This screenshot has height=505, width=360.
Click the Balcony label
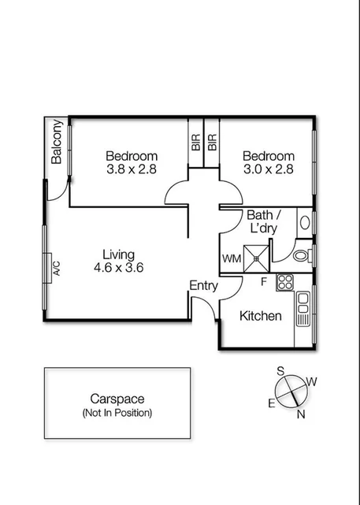pyautogui.click(x=57, y=142)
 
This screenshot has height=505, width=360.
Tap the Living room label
pyautogui.click(x=118, y=254)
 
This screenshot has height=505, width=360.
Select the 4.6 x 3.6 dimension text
pyautogui.click(x=118, y=268)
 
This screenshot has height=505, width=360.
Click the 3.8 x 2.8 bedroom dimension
pyautogui.click(x=132, y=169)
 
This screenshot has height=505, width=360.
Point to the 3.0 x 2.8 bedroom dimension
pyautogui.click(x=268, y=169)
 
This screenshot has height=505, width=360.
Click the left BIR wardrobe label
pyautogui.click(x=195, y=142)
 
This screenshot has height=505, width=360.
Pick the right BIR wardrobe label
pyautogui.click(x=212, y=142)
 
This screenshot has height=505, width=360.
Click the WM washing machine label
pyautogui.click(x=231, y=258)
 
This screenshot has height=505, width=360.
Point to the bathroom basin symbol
pyautogui.click(x=305, y=223)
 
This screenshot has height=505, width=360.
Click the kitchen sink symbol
pyautogui.click(x=303, y=311)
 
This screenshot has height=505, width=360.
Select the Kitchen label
pyautogui.click(x=261, y=316)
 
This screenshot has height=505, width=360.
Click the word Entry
pyautogui.click(x=203, y=286)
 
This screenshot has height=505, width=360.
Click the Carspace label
pyautogui.click(x=117, y=399)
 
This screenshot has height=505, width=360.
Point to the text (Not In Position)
pyautogui.click(x=117, y=413)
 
